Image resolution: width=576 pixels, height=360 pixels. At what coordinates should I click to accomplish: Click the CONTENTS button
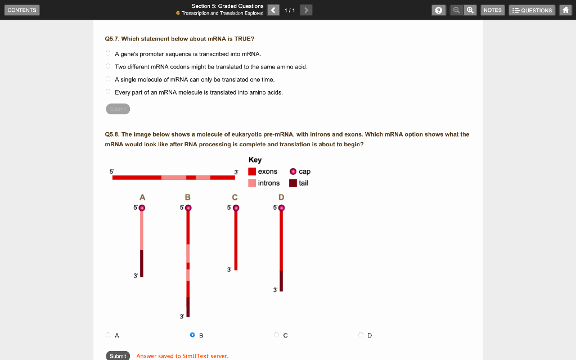click(x=22, y=10)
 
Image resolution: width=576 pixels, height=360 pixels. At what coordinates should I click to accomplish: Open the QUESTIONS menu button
click(x=532, y=10)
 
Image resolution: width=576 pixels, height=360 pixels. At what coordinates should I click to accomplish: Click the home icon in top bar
click(x=566, y=10)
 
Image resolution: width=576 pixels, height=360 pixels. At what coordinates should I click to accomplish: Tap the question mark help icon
click(x=438, y=10)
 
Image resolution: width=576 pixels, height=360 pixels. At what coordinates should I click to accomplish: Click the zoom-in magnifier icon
click(x=470, y=10)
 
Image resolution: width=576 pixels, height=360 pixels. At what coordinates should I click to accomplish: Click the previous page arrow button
click(x=273, y=10)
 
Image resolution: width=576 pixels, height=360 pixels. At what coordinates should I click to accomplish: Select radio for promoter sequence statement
click(x=108, y=53)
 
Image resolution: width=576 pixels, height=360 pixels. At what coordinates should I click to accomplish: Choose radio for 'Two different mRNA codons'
click(x=108, y=66)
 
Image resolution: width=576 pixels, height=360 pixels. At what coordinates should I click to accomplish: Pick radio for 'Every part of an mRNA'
click(x=108, y=92)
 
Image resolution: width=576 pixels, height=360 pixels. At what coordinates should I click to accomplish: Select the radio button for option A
click(x=108, y=335)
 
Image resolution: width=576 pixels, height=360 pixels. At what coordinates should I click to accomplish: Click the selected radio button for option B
click(x=192, y=335)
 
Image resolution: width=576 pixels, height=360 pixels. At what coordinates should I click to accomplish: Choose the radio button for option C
click(x=276, y=335)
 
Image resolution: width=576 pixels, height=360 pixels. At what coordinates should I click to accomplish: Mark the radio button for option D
click(x=361, y=335)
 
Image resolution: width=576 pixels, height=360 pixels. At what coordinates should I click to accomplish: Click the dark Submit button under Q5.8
click(x=118, y=355)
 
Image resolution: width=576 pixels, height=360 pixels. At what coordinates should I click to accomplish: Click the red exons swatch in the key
click(x=252, y=172)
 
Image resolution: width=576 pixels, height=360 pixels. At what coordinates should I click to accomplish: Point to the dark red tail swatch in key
click(x=293, y=183)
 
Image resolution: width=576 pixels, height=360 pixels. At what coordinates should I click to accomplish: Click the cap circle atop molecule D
click(x=281, y=208)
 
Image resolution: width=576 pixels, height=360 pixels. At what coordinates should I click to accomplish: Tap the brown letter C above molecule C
click(x=235, y=197)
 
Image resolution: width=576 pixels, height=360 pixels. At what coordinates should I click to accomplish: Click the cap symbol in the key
click(x=293, y=172)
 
